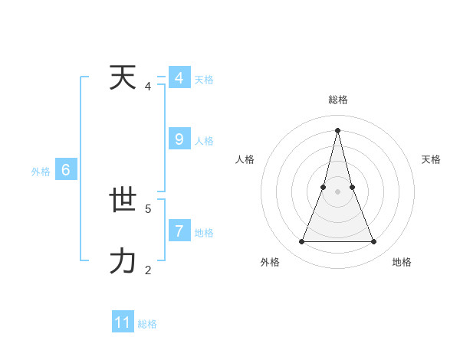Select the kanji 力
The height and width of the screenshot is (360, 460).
pyautogui.click(x=122, y=261)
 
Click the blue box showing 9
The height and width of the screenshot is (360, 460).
pyautogui.click(x=179, y=139)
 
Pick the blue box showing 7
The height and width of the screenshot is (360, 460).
pyautogui.click(x=179, y=231)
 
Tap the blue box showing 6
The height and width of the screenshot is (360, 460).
pyautogui.click(x=66, y=170)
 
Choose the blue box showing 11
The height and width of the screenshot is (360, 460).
pyautogui.click(x=123, y=322)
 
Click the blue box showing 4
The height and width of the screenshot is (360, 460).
pyautogui.click(x=179, y=78)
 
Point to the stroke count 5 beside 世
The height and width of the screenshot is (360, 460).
pyautogui.click(x=148, y=208)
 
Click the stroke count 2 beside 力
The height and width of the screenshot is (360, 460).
pyautogui.click(x=148, y=270)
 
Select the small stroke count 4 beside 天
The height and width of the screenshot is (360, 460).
pyautogui.click(x=148, y=87)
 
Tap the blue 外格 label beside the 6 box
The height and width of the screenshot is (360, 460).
pyautogui.click(x=41, y=172)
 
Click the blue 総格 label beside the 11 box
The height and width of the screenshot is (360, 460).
pyautogui.click(x=147, y=324)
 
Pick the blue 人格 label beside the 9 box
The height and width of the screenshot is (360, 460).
pyautogui.click(x=204, y=141)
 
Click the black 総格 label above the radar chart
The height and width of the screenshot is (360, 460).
pyautogui.click(x=337, y=100)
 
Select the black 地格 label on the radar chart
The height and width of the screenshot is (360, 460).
pyautogui.click(x=402, y=262)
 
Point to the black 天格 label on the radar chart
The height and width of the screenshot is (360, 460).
pyautogui.click(x=431, y=159)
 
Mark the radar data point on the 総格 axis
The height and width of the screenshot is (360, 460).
pyautogui.click(x=337, y=129)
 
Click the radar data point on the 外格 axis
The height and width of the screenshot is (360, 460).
pyautogui.click(x=301, y=242)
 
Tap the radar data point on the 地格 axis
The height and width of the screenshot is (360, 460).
pyautogui.click(x=373, y=242)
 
